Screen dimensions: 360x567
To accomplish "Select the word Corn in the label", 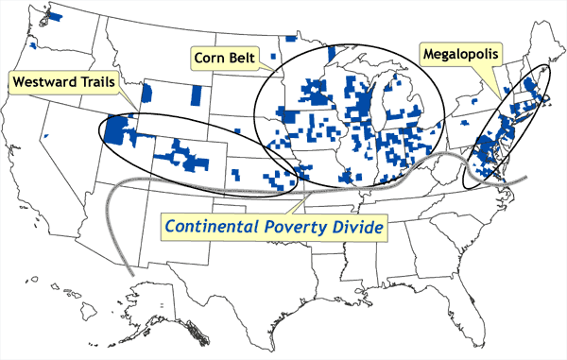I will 213,54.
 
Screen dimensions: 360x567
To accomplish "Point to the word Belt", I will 248,54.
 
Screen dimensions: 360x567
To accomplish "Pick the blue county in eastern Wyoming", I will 196,95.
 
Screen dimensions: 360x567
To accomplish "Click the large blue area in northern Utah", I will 121,131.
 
